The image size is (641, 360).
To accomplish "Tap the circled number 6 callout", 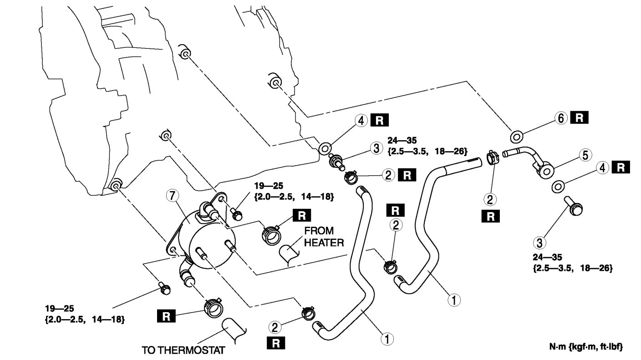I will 561,118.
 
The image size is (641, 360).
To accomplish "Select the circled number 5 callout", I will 586,155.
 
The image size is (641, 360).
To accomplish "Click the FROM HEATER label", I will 323,236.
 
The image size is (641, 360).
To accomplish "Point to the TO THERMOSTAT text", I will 183,351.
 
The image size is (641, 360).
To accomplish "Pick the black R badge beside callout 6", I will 580,118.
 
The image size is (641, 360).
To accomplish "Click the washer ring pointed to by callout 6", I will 517,136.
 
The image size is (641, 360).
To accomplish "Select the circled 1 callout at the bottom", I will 387,339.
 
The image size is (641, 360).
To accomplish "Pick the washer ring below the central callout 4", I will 325,148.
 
